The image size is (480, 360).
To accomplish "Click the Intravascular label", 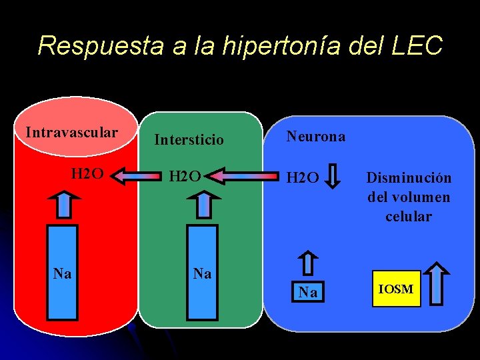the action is point(71,132).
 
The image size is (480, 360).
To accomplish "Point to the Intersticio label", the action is point(189,140).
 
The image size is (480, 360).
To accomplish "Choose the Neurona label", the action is point(316,137).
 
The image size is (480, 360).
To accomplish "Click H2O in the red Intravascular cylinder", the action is point(87,175).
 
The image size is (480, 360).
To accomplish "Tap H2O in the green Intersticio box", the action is point(185,177).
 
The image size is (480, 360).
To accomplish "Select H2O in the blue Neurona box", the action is point(303,177).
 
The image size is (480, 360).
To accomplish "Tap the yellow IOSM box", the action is point(396,289).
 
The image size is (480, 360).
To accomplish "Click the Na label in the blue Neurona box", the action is point(307,292).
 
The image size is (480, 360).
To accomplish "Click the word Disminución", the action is point(409,178).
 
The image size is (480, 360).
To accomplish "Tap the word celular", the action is point(409,217).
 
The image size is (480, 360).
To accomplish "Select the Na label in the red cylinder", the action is point(63,273).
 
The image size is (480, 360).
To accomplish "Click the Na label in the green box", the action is point(202,273).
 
